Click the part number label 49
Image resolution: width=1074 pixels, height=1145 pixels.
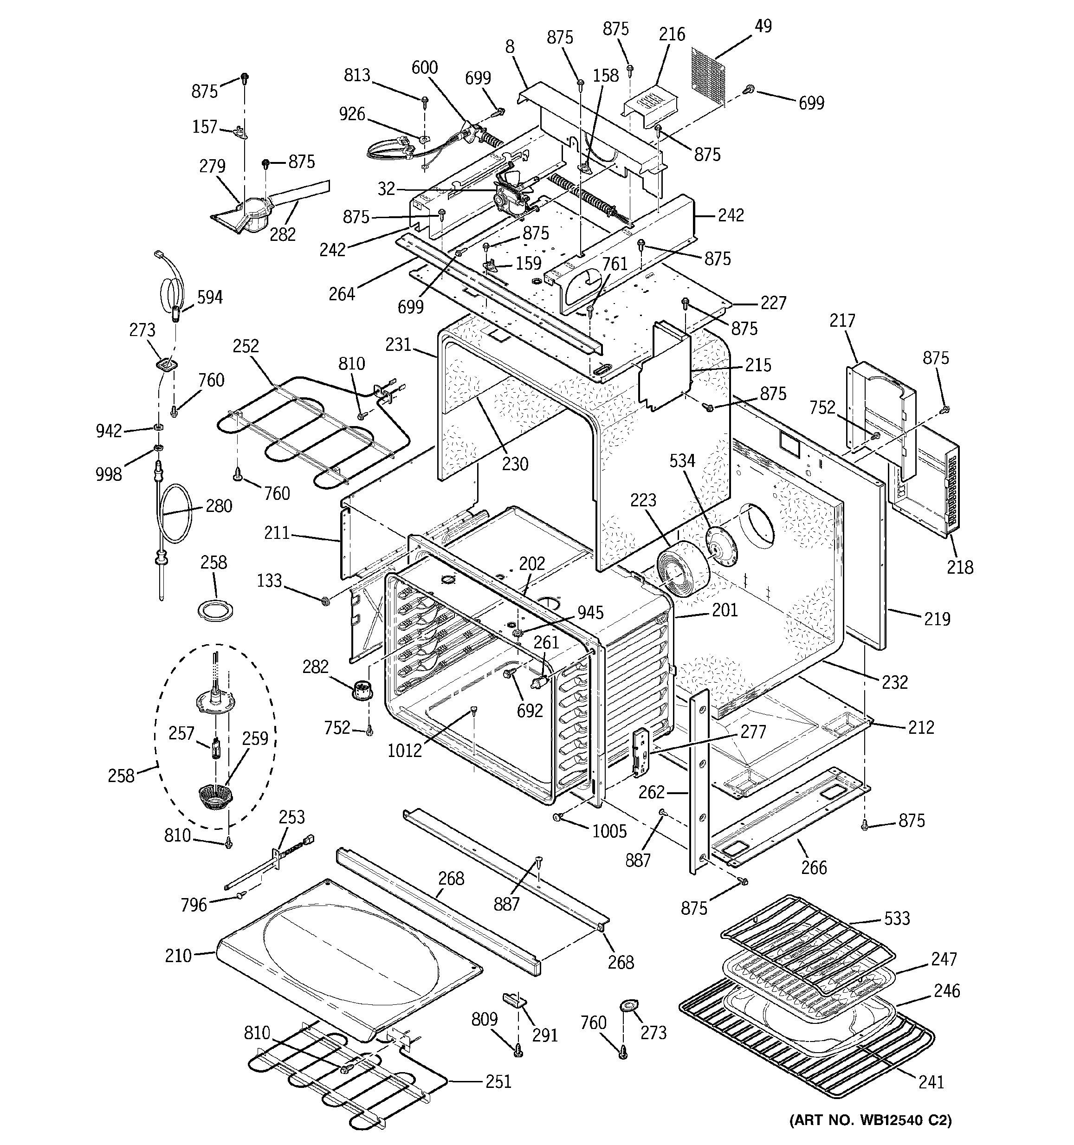pos(763,26)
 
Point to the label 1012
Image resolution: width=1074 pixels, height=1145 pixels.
pos(405,750)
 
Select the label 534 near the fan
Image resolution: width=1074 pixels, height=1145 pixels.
pos(682,461)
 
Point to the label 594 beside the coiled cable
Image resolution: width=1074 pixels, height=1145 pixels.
pos(210,298)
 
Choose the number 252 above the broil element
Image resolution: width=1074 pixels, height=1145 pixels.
pos(246,346)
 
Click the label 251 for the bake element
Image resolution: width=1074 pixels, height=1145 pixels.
pos(498,1081)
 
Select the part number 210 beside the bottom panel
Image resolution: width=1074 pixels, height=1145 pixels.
pos(178,956)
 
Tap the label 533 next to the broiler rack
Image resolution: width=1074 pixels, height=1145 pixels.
pos(897,918)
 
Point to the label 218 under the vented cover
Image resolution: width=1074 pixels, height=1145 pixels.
pos(960,567)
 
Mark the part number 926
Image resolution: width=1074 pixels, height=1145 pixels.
pos(352,114)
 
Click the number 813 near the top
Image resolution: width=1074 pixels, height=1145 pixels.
pos(357,76)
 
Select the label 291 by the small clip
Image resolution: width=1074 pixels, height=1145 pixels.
pos(545,1035)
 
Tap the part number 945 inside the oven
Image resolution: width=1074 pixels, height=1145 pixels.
pos(591,612)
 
